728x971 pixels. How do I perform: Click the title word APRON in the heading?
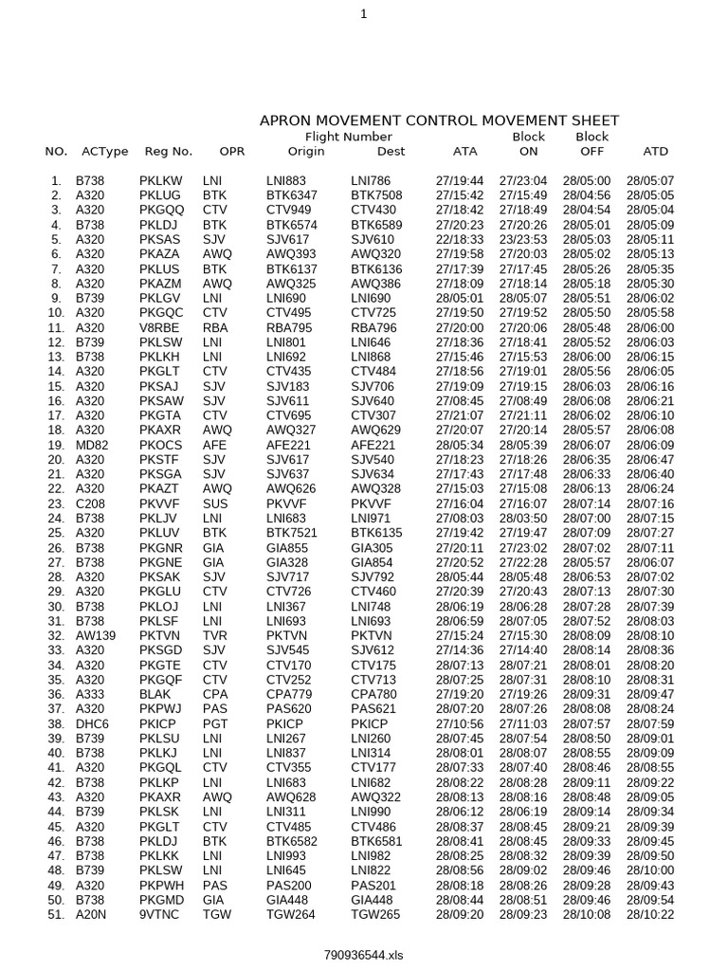(x=286, y=120)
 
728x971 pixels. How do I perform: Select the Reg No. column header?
(x=169, y=151)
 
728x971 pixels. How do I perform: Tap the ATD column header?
(x=655, y=151)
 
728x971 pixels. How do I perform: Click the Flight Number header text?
(x=342, y=137)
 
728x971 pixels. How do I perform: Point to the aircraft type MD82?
(x=91, y=445)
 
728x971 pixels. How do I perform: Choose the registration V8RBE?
(x=158, y=327)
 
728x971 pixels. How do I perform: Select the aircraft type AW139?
(x=95, y=635)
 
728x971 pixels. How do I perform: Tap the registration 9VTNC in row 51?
(x=158, y=914)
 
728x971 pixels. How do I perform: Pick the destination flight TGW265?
(x=376, y=914)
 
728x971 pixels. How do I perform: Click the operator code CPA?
(x=215, y=694)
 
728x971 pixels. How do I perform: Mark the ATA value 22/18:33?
(x=460, y=239)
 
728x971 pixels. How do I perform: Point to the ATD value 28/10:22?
(x=650, y=914)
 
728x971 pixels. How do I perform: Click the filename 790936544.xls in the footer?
(x=364, y=955)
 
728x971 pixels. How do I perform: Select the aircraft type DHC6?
(x=92, y=724)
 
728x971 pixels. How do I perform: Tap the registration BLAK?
(x=155, y=694)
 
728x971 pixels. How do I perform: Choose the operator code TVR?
(x=215, y=635)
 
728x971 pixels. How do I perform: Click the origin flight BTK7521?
(x=292, y=533)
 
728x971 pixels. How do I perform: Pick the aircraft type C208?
(x=90, y=504)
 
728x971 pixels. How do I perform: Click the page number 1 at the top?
(x=364, y=11)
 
